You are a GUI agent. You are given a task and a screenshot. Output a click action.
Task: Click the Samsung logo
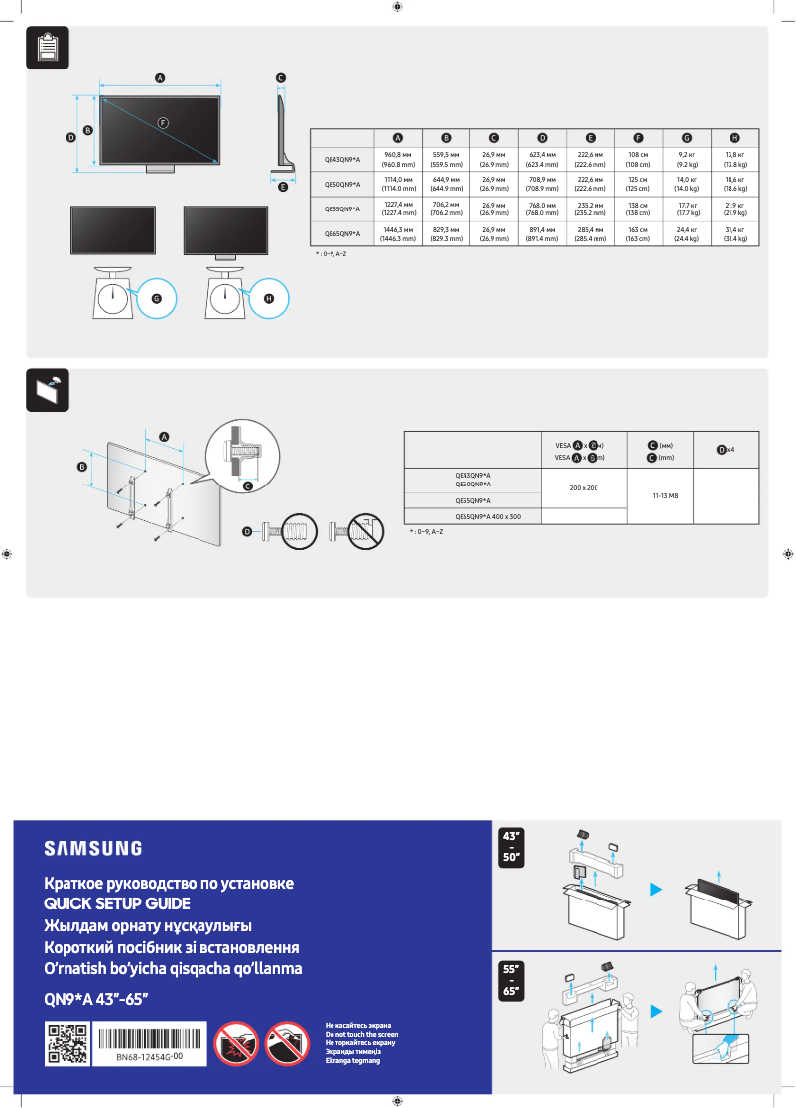[x=92, y=848]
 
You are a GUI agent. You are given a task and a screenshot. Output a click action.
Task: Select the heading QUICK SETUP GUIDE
[x=116, y=903]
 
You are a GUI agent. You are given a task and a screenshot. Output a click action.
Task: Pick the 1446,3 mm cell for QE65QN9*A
[x=398, y=234]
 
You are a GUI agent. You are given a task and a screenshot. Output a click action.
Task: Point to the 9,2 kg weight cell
[x=687, y=159]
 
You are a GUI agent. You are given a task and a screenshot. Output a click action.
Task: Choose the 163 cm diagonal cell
[x=638, y=234]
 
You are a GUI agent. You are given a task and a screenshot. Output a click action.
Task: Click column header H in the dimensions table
[x=734, y=137]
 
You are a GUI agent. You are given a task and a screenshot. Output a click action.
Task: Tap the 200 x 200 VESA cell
[x=584, y=488]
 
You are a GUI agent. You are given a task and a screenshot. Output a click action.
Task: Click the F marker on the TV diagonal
[x=163, y=121]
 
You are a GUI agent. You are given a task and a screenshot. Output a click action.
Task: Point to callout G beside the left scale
[x=155, y=296]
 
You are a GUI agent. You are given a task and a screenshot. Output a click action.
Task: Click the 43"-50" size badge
[x=515, y=847]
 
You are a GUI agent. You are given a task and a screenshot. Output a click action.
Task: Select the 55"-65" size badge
[x=515, y=977]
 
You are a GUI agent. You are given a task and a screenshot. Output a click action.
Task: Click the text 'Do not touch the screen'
[x=361, y=1035]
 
